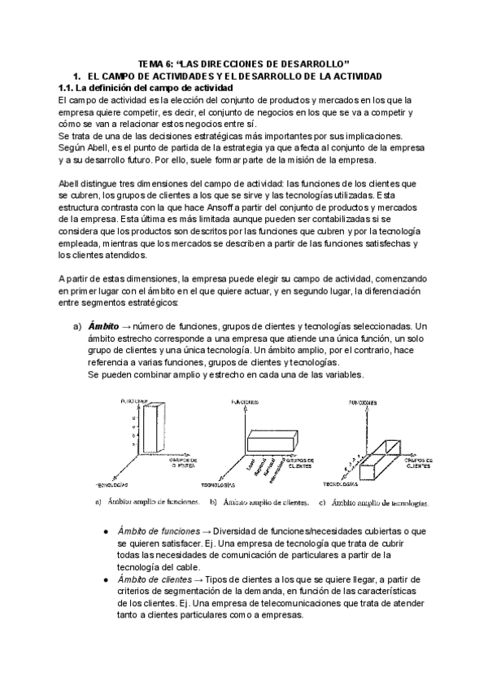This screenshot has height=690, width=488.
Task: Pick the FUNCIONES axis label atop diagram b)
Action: tap(245, 402)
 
